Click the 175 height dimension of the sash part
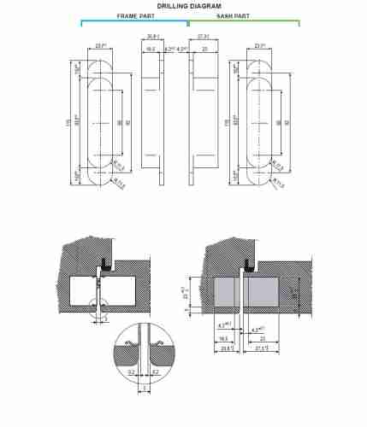pos(227,123)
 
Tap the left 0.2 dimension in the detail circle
pos(130,373)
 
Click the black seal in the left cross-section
pos(102,256)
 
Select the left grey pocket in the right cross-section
pos(225,294)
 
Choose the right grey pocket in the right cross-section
pos(269,294)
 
